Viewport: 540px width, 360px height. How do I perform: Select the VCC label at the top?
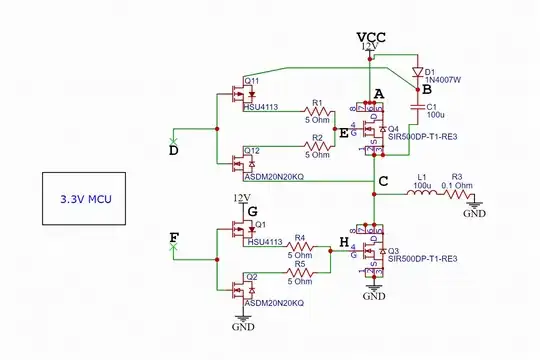pos(369,37)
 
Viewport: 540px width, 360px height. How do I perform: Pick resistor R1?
pos(317,112)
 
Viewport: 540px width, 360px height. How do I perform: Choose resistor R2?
pos(317,146)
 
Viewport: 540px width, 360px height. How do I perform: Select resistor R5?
pos(298,271)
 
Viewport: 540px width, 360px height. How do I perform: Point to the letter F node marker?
pos(174,238)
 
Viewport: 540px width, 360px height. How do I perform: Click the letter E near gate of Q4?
pos(345,131)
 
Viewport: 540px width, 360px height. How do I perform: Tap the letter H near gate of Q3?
pos(344,242)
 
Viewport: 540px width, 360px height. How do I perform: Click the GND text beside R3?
pos(475,213)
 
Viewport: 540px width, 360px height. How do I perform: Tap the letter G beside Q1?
pos(253,211)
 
